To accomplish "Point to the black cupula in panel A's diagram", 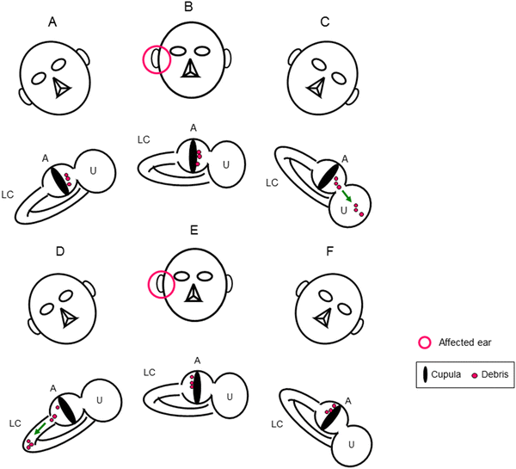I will tap(58, 178).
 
